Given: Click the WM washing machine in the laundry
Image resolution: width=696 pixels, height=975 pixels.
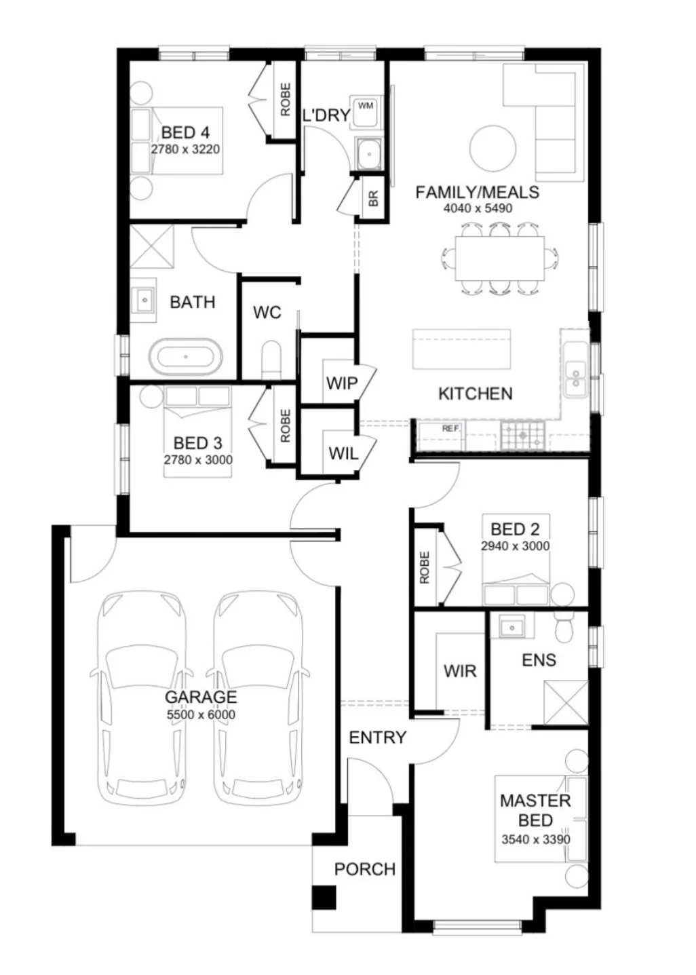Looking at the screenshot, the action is click(365, 111).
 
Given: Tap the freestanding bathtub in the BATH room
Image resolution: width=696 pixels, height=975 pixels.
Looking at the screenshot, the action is click(186, 357).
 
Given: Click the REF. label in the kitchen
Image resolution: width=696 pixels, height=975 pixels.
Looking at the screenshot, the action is click(451, 429).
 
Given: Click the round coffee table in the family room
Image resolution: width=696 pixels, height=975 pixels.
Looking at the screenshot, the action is click(492, 149).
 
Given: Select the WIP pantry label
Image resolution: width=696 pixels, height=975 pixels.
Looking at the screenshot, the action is click(342, 383).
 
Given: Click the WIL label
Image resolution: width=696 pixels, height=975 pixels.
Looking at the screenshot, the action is click(343, 454).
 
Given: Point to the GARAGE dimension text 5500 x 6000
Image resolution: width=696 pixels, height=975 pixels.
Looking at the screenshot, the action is click(201, 714).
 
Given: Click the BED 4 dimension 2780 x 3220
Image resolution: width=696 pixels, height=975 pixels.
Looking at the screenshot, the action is click(185, 149).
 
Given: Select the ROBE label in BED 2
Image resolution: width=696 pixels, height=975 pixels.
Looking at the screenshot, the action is click(425, 568).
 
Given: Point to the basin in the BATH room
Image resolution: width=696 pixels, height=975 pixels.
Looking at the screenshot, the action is click(144, 301).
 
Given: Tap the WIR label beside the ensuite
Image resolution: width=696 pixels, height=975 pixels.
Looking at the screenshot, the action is click(460, 671).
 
